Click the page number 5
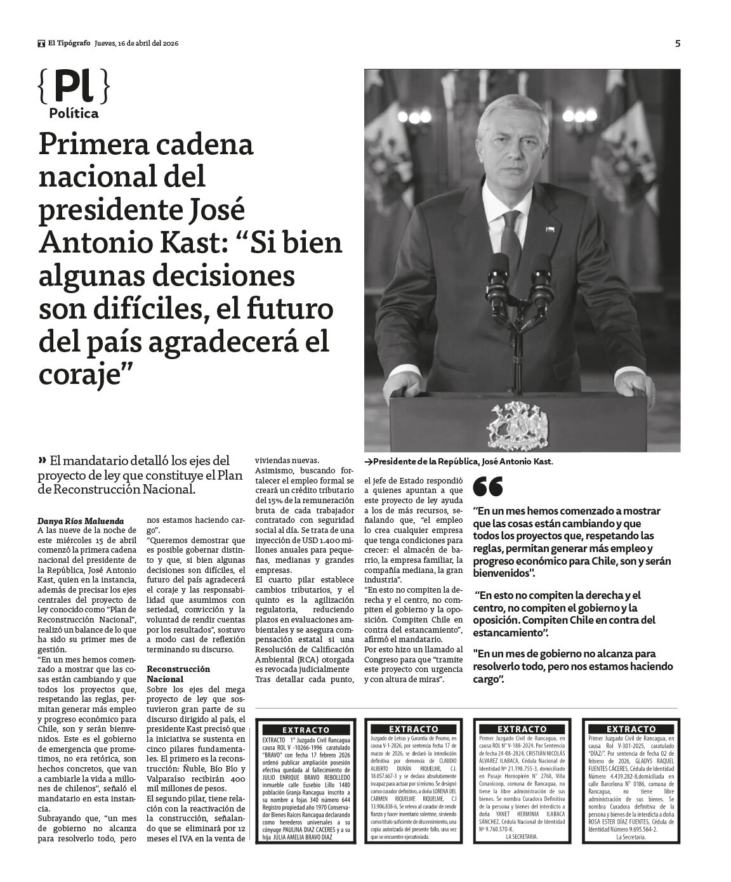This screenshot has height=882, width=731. (x=678, y=44)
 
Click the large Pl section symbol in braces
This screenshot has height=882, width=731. (x=73, y=87)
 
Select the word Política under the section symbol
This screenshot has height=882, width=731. (x=74, y=114)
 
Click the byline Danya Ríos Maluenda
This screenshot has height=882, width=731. (x=81, y=521)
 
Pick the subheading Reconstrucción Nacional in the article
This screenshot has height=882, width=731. (x=178, y=673)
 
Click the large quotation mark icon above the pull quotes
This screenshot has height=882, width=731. (x=488, y=487)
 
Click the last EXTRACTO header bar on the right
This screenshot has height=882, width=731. (x=631, y=729)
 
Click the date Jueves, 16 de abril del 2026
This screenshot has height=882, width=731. (x=136, y=44)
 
